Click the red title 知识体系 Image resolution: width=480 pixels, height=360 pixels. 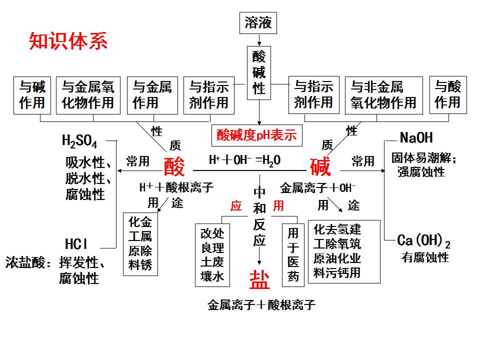(68, 41)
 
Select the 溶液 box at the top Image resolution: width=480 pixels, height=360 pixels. (258, 23)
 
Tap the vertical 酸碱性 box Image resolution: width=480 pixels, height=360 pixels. (259, 73)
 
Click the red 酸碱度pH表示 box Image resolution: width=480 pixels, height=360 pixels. (257, 135)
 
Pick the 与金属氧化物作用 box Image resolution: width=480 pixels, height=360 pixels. (88, 95)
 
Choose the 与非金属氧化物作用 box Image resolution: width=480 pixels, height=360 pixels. (384, 95)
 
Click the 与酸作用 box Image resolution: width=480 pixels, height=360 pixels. (448, 95)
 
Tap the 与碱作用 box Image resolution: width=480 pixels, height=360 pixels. (32, 95)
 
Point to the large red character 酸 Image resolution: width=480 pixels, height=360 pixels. (174, 166)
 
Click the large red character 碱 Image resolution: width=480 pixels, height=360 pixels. (320, 166)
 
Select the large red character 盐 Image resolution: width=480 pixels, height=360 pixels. (259, 280)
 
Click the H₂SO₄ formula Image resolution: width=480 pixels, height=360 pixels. (79, 141)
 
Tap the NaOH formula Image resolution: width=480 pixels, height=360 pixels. (416, 138)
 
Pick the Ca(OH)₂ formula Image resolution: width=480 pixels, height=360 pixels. (423, 240)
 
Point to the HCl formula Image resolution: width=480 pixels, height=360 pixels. (76, 244)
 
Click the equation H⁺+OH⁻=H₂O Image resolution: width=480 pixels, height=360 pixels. (244, 160)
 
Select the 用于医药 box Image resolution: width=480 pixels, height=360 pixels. (293, 255)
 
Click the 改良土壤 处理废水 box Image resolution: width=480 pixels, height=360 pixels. (212, 255)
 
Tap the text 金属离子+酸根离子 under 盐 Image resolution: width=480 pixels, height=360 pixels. (261, 305)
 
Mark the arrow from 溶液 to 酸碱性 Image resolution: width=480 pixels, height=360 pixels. (259, 40)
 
